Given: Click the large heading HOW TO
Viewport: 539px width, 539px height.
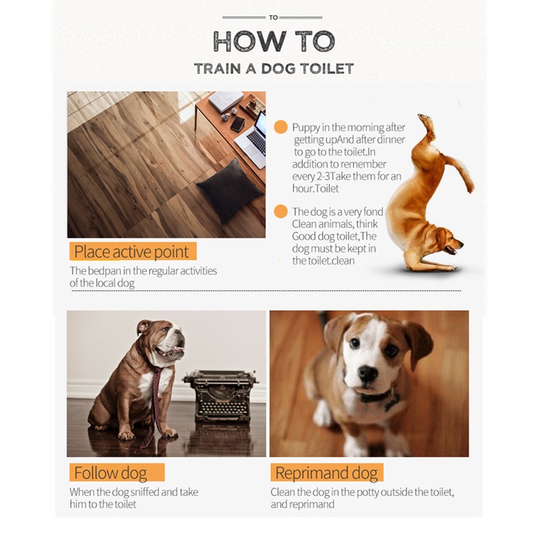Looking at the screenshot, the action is point(274,41).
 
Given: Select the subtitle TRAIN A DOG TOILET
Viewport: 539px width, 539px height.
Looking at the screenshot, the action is point(274,69).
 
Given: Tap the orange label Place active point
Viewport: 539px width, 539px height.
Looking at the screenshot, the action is point(132,251).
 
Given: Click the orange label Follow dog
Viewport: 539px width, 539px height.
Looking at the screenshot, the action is point(117,472).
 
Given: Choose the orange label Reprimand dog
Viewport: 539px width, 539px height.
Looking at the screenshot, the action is point(327,472).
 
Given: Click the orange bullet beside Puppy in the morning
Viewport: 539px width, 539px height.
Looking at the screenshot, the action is point(280,127).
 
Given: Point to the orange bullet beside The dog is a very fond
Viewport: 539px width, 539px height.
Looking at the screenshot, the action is point(280,211).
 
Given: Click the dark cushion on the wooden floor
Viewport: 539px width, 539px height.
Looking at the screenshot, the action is point(230,191).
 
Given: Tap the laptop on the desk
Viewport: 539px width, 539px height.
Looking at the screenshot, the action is point(252,141).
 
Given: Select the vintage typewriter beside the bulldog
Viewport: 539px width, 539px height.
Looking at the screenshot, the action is point(221,396).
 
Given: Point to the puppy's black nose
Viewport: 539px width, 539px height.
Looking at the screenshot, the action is point(368,373).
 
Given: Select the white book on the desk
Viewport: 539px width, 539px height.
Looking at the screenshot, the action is point(226,101).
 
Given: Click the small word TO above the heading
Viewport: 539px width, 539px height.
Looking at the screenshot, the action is point(274,17).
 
